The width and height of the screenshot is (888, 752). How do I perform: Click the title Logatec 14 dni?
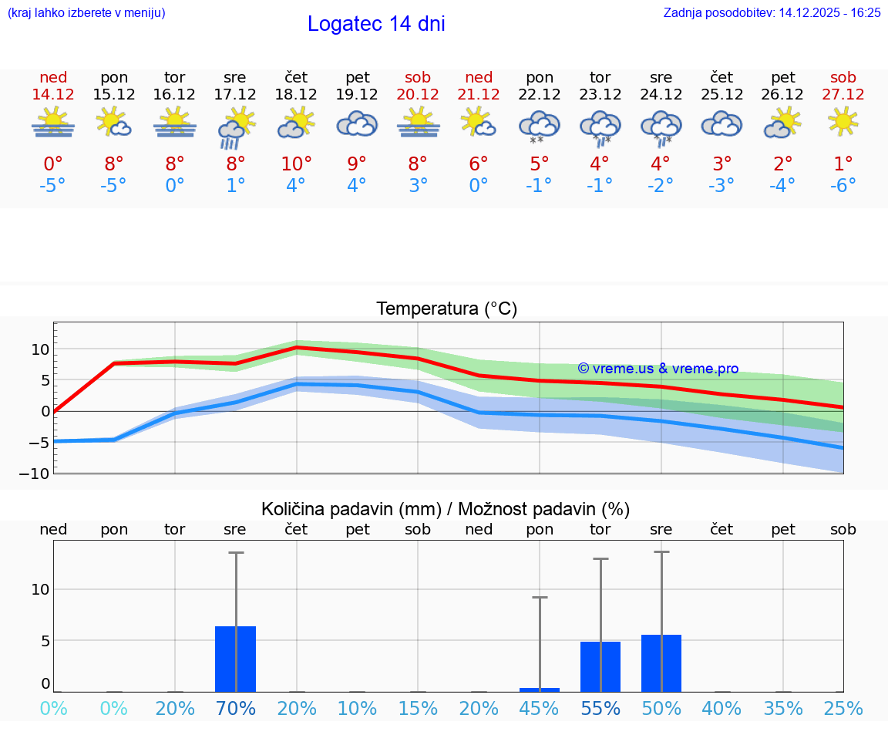click(376, 24)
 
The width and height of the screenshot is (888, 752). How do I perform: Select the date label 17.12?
click(235, 94)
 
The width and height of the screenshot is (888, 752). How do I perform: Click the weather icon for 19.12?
click(357, 124)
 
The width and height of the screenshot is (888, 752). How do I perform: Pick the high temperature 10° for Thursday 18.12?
click(296, 164)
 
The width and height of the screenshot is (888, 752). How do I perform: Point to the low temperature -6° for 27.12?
click(843, 185)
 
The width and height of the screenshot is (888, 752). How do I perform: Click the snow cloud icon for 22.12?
click(539, 126)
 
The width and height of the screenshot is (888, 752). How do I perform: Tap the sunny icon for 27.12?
click(843, 121)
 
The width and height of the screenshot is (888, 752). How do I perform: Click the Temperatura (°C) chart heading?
click(446, 309)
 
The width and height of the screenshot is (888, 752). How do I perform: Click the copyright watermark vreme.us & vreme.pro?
click(658, 369)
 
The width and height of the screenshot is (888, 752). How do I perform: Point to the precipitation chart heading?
click(446, 509)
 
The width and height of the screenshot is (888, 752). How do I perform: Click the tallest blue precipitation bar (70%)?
click(235, 659)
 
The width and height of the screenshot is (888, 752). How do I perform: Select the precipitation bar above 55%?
click(600, 666)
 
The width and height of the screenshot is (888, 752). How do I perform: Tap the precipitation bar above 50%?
click(661, 663)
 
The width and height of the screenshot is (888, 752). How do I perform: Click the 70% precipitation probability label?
click(235, 709)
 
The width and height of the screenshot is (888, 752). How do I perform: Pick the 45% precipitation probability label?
click(540, 709)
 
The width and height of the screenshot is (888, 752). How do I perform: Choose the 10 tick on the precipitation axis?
click(40, 589)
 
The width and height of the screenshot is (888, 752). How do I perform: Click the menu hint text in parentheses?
click(86, 12)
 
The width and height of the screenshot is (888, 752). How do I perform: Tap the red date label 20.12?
click(418, 94)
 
